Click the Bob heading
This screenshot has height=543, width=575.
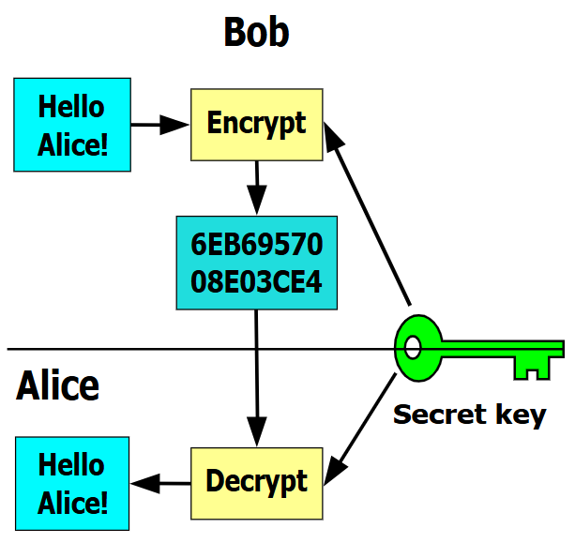coord(256,33)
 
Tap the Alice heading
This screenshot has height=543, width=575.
coord(58,385)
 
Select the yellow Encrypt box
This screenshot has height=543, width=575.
coord(256,124)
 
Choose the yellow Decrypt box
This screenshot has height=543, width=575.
coord(256,483)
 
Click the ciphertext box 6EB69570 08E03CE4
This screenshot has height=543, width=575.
coord(256,264)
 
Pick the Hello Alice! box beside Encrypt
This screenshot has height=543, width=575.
coord(71,125)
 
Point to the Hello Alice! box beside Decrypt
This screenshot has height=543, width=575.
coord(71,484)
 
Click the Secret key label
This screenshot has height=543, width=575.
coord(469,414)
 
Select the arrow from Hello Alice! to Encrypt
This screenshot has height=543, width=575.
coord(159,123)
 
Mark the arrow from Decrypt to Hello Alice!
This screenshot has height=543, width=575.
coord(160,484)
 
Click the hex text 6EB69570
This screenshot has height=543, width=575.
coord(256,246)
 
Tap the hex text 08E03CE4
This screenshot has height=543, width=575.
coord(256,280)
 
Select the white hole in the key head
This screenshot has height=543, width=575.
coord(410,348)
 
